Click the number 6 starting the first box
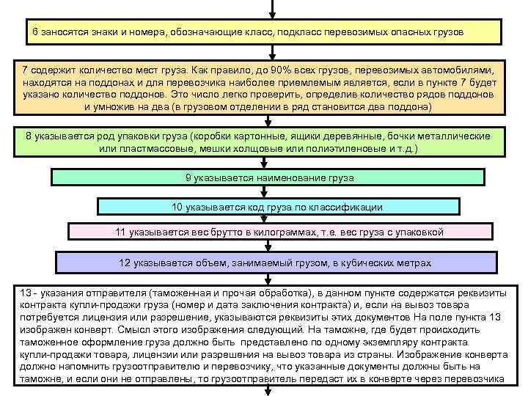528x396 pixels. pos(34,34)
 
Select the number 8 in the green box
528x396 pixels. pos(29,137)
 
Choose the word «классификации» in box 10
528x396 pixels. pos(349,208)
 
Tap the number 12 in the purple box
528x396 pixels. pos(125,263)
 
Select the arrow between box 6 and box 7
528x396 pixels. pos(272,53)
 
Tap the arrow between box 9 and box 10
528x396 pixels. pos(272,192)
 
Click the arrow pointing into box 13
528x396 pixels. pos(272,278)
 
